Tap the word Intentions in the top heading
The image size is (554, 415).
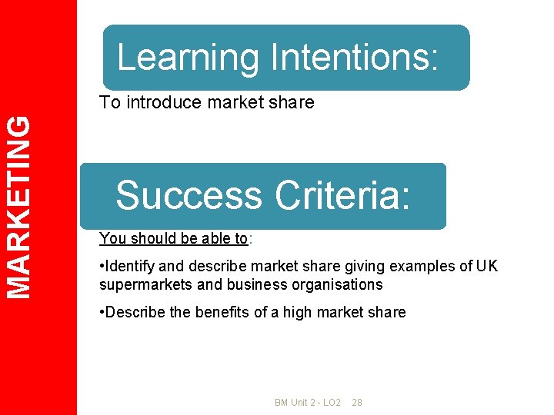pos(354,58)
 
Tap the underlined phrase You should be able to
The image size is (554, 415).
pos(173,238)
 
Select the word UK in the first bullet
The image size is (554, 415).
pos(487,266)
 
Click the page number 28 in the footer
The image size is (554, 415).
pos(357,403)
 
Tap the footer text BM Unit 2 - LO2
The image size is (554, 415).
pos(308,403)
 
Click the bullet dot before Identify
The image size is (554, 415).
pos(102,266)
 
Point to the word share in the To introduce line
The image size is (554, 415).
pos(294,102)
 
